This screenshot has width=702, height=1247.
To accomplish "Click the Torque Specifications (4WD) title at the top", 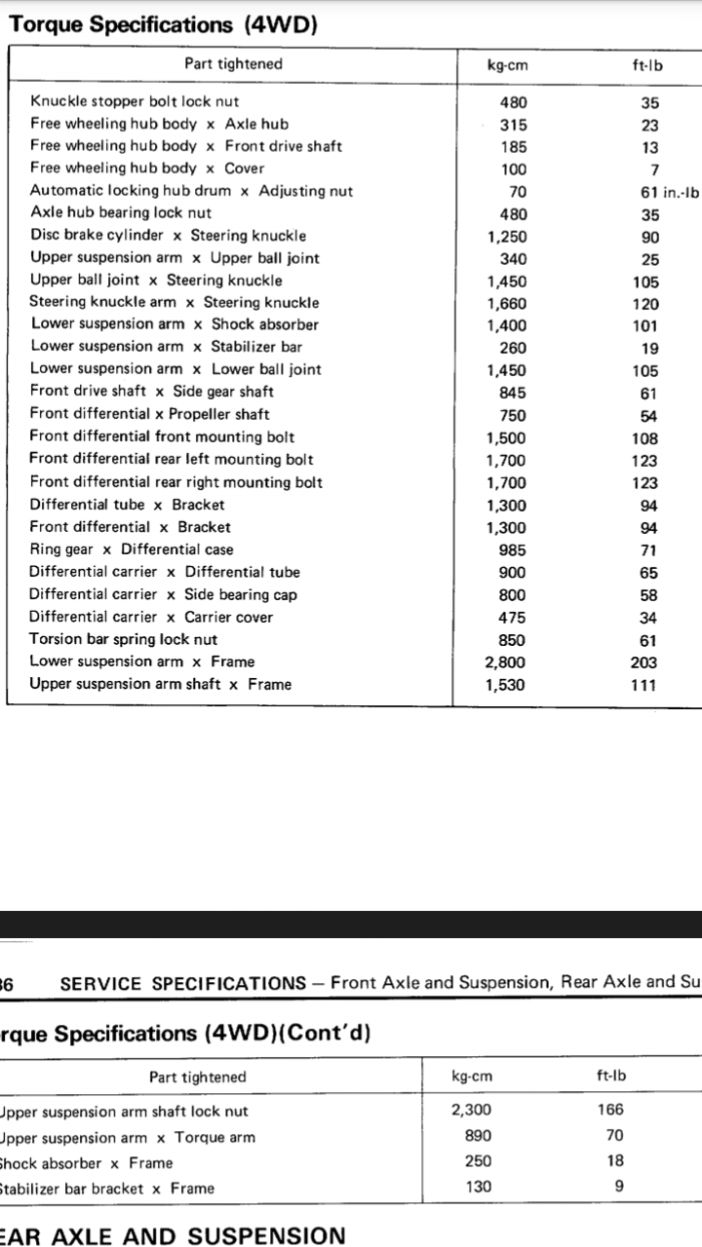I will (163, 24).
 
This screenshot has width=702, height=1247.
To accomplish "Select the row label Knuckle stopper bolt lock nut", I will (135, 101).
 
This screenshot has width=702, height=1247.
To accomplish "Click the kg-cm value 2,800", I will (505, 662).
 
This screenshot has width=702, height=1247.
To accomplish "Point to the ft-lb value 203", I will (644, 662).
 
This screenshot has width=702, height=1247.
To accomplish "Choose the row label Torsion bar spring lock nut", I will (124, 640).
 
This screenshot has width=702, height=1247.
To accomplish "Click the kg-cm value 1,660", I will (506, 303).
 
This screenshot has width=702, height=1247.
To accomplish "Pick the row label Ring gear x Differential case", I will (132, 549).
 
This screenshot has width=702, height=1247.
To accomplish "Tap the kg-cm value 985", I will (512, 550).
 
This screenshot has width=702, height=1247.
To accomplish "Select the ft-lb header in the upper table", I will (647, 65).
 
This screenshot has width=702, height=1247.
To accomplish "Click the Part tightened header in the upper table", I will (233, 64).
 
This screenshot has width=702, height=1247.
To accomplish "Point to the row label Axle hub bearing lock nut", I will (121, 212).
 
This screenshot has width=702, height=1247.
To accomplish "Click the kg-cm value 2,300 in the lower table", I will (471, 1110).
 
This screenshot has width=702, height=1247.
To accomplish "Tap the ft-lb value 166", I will (609, 1110).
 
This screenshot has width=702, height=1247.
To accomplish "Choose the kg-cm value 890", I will (478, 1136).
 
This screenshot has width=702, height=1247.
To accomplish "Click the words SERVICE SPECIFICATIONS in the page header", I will (182, 983).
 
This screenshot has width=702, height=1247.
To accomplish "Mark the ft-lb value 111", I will (644, 685).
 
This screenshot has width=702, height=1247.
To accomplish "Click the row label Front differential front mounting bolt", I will (162, 437).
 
